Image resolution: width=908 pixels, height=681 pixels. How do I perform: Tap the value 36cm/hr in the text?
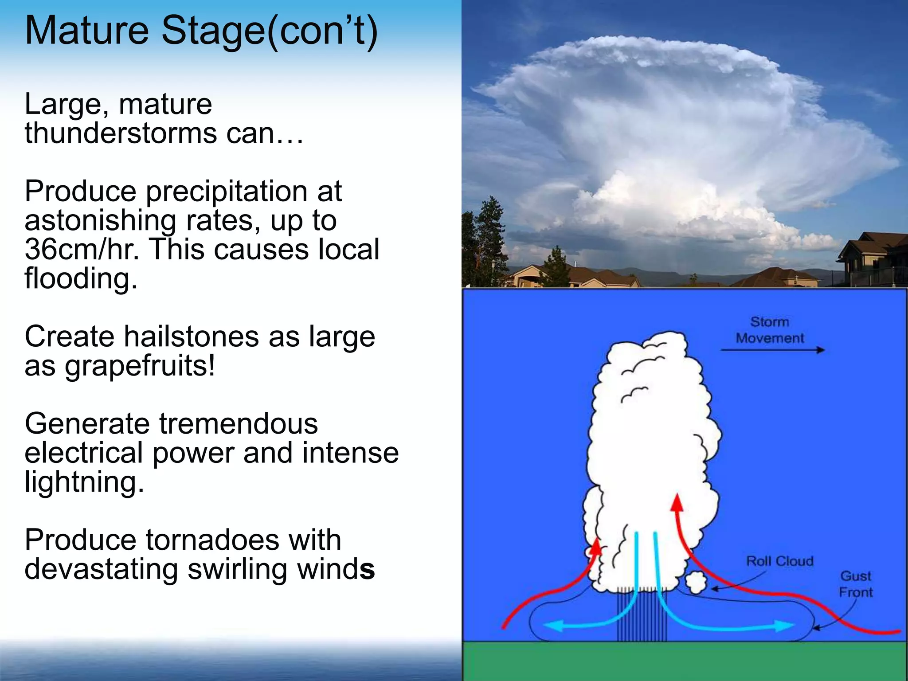click(82, 250)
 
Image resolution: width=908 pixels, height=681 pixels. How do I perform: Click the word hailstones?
click(191, 337)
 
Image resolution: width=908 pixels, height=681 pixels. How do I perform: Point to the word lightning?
click(84, 482)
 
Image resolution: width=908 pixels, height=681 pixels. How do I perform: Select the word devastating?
click(101, 569)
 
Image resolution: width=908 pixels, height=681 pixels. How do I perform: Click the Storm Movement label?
click(770, 330)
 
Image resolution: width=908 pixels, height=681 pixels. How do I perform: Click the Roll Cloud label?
click(780, 561)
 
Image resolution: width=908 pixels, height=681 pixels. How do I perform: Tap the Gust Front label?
click(855, 584)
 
